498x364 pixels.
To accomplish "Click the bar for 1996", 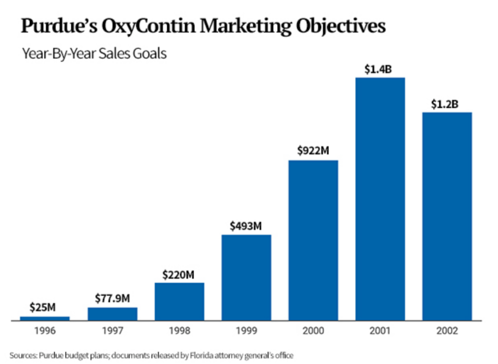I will [45, 318].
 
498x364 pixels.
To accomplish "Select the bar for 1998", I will [179, 301].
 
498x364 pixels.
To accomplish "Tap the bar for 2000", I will [313, 240].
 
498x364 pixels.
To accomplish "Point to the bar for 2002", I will [447, 216].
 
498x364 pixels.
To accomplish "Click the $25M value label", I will [42, 308].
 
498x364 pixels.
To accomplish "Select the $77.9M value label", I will [112, 298].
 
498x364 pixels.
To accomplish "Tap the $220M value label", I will [179, 274].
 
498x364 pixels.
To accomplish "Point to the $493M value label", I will [246, 226].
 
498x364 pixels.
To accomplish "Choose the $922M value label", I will [313, 151].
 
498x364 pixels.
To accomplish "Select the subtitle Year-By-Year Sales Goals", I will [94, 54].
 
